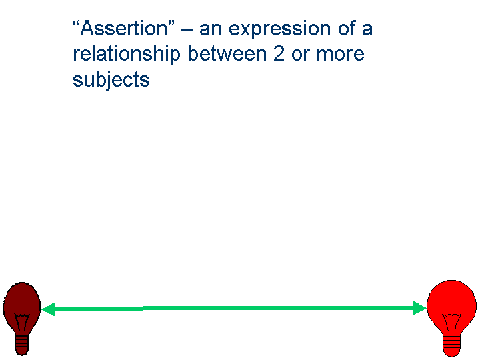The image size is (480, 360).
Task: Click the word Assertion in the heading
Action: tap(124, 29)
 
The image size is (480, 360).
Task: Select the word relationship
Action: tap(127, 55)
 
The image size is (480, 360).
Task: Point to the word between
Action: tap(227, 54)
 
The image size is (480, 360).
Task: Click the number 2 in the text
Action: tap(279, 54)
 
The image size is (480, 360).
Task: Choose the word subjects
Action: tap(111, 81)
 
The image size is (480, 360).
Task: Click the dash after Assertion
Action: tap(187, 31)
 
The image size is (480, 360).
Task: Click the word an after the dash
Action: tap(211, 30)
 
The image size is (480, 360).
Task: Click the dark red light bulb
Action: tap(22, 319)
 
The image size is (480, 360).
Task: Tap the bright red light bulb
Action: tap(451, 319)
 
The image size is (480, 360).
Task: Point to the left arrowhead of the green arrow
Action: tap(48, 309)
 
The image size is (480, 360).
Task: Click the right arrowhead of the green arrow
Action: tap(420, 308)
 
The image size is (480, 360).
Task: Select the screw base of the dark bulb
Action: tap(22, 345)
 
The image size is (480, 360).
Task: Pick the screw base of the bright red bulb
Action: tap(451, 347)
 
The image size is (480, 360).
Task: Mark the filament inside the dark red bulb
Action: tap(22, 322)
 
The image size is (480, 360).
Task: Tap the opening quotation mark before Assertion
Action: tap(76, 23)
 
